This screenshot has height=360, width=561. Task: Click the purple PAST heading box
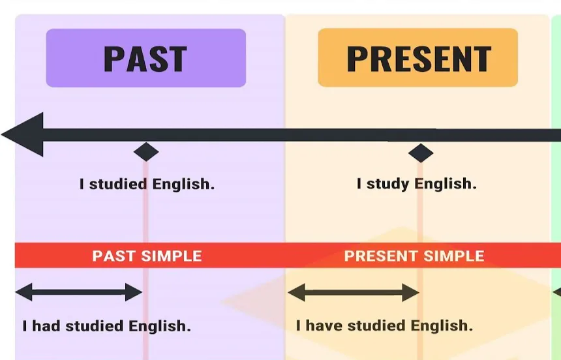pyautogui.click(x=145, y=58)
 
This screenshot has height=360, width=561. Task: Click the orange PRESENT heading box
pyautogui.click(x=417, y=58)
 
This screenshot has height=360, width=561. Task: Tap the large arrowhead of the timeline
pyautogui.click(x=25, y=135)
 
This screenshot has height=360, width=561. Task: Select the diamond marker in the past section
pyautogui.click(x=146, y=152)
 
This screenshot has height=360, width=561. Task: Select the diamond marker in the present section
pyautogui.click(x=421, y=153)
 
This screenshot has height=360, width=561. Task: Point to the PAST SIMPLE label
pyautogui.click(x=147, y=256)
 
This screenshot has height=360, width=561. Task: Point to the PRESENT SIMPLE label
pyautogui.click(x=414, y=256)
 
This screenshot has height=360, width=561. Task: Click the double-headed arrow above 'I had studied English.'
pyautogui.click(x=78, y=292)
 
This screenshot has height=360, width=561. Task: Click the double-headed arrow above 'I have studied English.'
pyautogui.click(x=353, y=292)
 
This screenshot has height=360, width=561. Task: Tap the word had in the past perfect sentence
pyautogui.click(x=46, y=325)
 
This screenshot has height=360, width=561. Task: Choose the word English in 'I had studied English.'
pyautogui.click(x=160, y=325)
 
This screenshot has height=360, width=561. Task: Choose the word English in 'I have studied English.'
pyautogui.click(x=442, y=325)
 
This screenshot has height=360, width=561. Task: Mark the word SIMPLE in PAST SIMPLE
pyautogui.click(x=171, y=256)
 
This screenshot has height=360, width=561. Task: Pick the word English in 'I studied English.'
pyautogui.click(x=183, y=184)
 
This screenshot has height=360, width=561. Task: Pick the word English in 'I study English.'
pyautogui.click(x=447, y=184)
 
